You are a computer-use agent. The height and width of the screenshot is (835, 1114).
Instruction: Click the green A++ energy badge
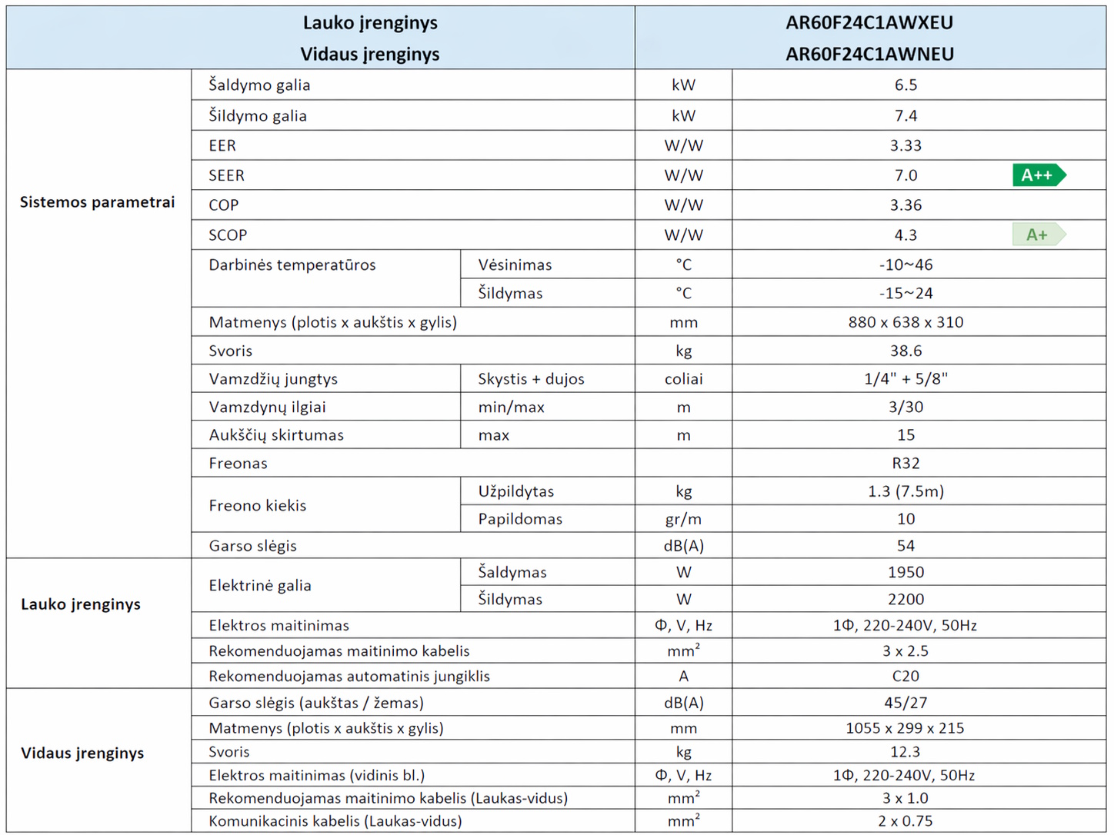click(x=1038, y=175)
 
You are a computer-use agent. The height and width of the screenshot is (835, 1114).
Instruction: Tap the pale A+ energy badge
click(x=1038, y=235)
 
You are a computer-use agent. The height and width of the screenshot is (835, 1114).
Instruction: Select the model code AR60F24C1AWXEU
click(x=869, y=23)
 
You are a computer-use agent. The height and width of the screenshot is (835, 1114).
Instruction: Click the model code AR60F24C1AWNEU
click(x=869, y=54)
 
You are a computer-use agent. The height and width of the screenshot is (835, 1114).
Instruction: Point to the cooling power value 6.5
click(x=906, y=85)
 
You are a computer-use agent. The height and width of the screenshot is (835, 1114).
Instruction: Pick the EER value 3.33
click(x=906, y=145)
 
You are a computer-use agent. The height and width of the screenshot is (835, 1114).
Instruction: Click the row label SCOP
click(x=228, y=235)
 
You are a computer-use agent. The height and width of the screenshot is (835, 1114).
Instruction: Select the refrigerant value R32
click(x=906, y=463)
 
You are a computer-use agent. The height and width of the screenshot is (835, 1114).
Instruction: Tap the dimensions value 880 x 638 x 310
click(x=906, y=322)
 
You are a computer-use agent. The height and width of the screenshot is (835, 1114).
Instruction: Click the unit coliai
click(x=683, y=379)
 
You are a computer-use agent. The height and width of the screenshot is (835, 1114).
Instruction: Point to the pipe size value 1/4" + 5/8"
click(x=906, y=379)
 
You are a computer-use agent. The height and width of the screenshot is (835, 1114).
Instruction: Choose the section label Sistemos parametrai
click(x=98, y=202)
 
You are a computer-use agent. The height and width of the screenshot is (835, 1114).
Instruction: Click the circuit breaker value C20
click(x=906, y=676)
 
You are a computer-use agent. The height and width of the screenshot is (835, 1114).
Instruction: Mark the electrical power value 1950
click(x=906, y=572)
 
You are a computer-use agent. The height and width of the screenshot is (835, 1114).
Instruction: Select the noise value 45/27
click(x=906, y=703)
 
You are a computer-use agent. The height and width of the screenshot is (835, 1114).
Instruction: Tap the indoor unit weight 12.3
click(x=906, y=751)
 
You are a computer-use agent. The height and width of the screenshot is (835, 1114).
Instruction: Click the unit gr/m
click(x=683, y=519)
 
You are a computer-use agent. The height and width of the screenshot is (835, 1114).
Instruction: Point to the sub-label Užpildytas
click(x=515, y=491)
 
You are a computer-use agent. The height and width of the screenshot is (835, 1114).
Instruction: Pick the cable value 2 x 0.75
click(x=906, y=821)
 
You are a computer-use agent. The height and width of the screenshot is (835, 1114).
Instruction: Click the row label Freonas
click(x=238, y=463)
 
